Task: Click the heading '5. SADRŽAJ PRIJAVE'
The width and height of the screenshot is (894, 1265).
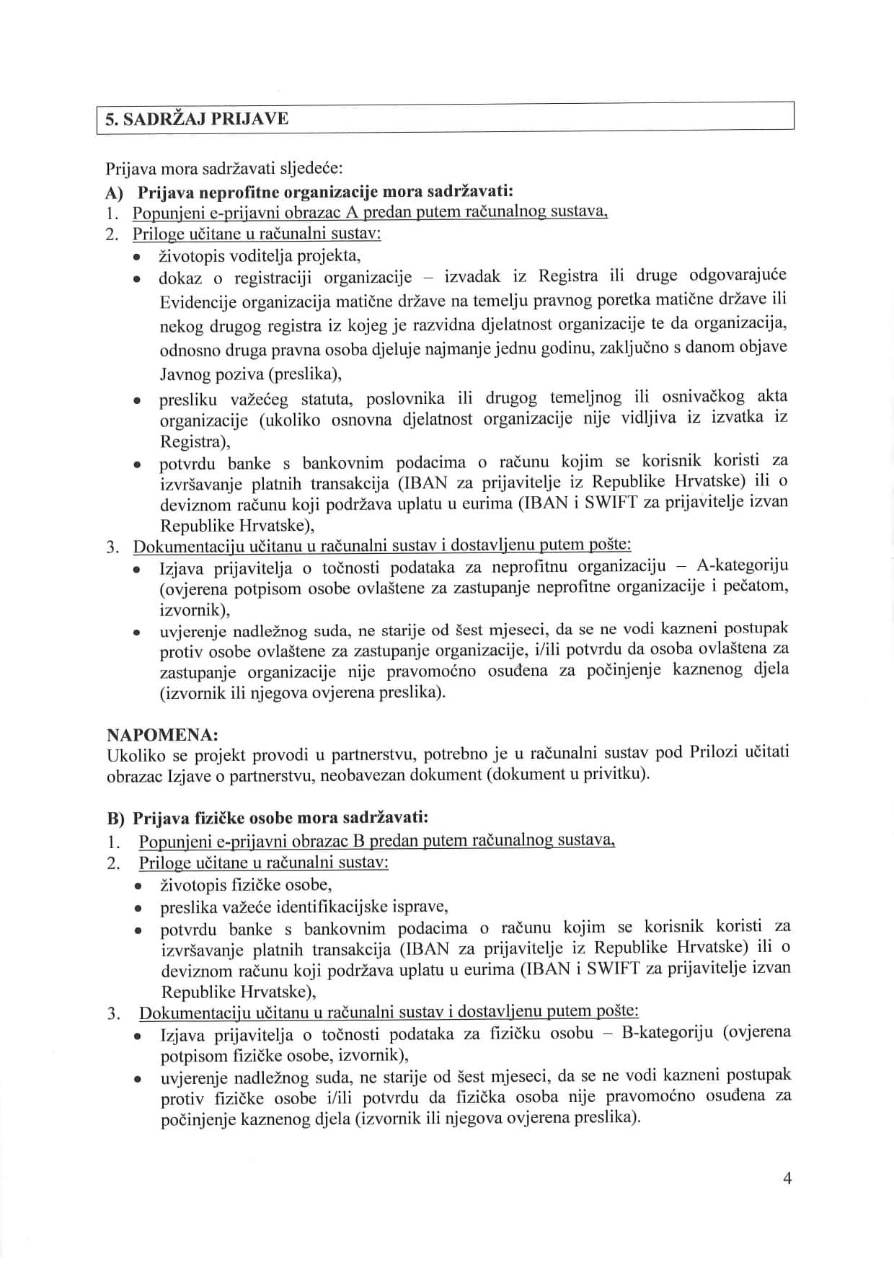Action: coord(197,118)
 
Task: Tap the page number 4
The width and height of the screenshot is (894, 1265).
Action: coord(787,1178)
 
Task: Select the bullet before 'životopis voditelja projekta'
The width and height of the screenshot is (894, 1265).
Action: coord(136,257)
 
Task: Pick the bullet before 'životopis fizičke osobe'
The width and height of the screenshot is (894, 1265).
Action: coord(137,886)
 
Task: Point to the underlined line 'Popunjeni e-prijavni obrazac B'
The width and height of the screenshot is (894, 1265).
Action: coord(376,841)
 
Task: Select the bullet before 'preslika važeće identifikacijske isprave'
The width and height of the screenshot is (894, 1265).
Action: coord(137,908)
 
